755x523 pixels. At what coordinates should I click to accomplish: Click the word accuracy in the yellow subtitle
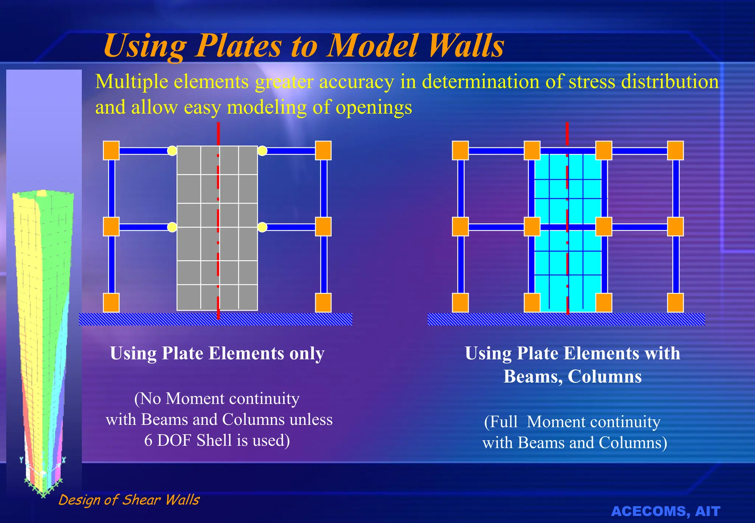(356, 82)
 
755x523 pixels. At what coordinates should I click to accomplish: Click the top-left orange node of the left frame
(111, 150)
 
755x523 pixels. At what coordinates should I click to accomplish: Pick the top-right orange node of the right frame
(675, 150)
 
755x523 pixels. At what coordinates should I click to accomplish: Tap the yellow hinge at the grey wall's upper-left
(172, 150)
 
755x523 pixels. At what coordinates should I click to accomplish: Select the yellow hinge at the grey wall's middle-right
(262, 227)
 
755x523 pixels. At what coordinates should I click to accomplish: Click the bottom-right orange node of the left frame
(323, 303)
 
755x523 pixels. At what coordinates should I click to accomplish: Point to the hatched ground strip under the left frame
(216, 319)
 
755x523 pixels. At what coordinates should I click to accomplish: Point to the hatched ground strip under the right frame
(566, 319)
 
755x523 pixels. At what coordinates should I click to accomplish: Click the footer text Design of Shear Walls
(129, 500)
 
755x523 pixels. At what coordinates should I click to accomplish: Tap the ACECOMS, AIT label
(665, 511)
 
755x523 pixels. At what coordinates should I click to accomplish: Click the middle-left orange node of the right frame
(460, 226)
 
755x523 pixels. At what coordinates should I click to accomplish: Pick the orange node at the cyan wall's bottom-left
(532, 303)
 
